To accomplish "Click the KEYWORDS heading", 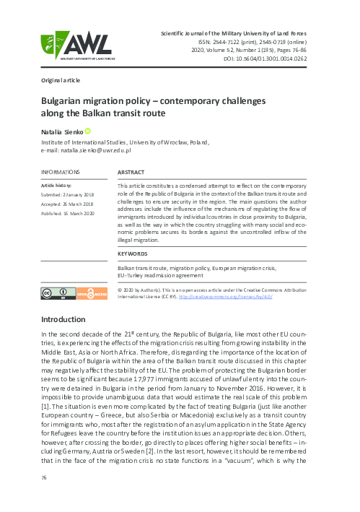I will click(133, 253).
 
